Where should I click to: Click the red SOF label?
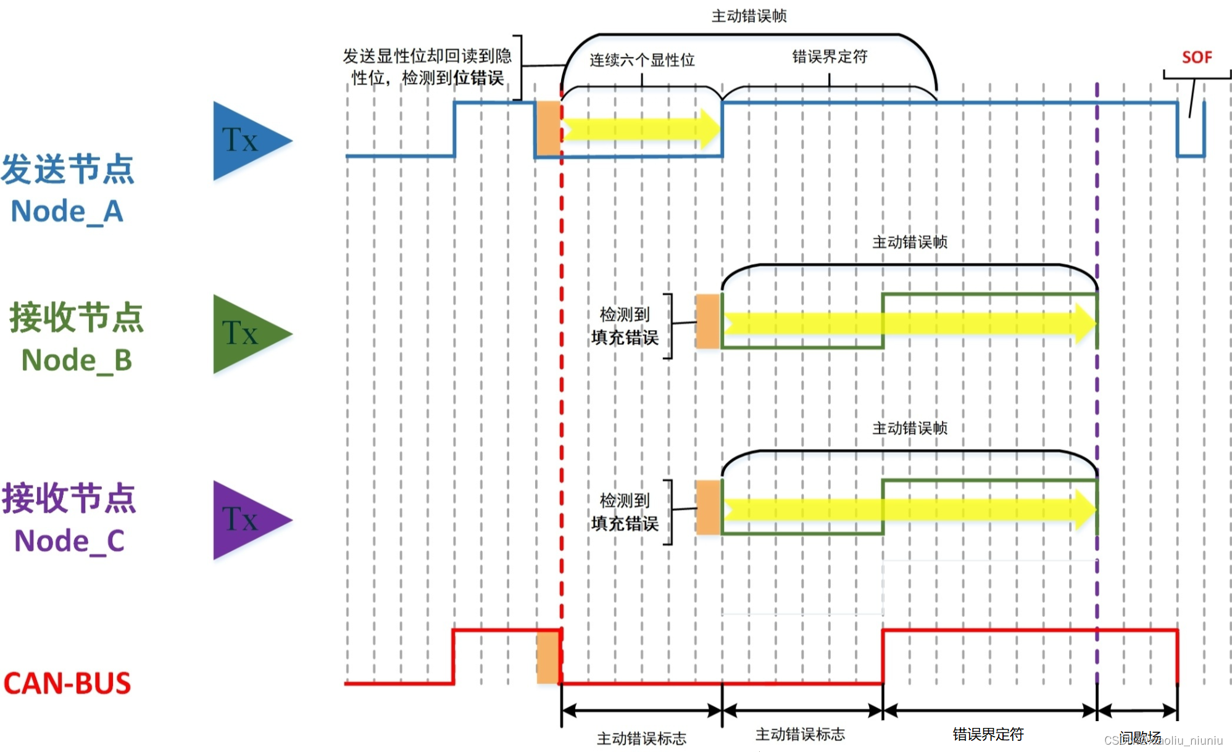coord(1196,57)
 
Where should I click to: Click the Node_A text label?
coord(67,212)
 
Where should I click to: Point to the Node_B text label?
coord(77,360)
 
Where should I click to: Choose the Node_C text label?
coord(69,541)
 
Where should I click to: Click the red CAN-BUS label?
coord(67,684)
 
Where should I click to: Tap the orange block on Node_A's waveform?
coord(548,128)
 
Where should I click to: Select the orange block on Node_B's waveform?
coord(708,321)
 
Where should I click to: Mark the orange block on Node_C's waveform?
coord(708,507)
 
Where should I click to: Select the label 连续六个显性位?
coord(642,60)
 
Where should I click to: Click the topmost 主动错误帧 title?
coord(749,16)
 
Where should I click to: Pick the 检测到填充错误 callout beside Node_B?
coord(625,326)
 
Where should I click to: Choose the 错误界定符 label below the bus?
coord(988,734)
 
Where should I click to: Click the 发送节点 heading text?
coord(67,169)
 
